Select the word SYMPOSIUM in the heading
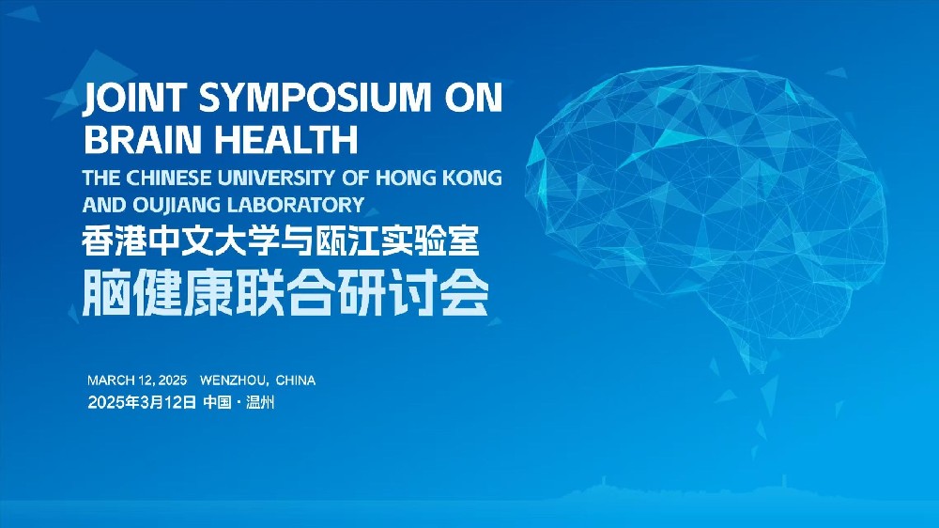tap(315, 97)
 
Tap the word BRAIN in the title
tap(143, 139)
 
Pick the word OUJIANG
tap(177, 205)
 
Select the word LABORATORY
tap(296, 205)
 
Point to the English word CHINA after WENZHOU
tap(296, 380)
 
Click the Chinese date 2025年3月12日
tap(142, 402)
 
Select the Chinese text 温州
tap(260, 402)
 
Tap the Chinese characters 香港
tap(114, 241)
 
